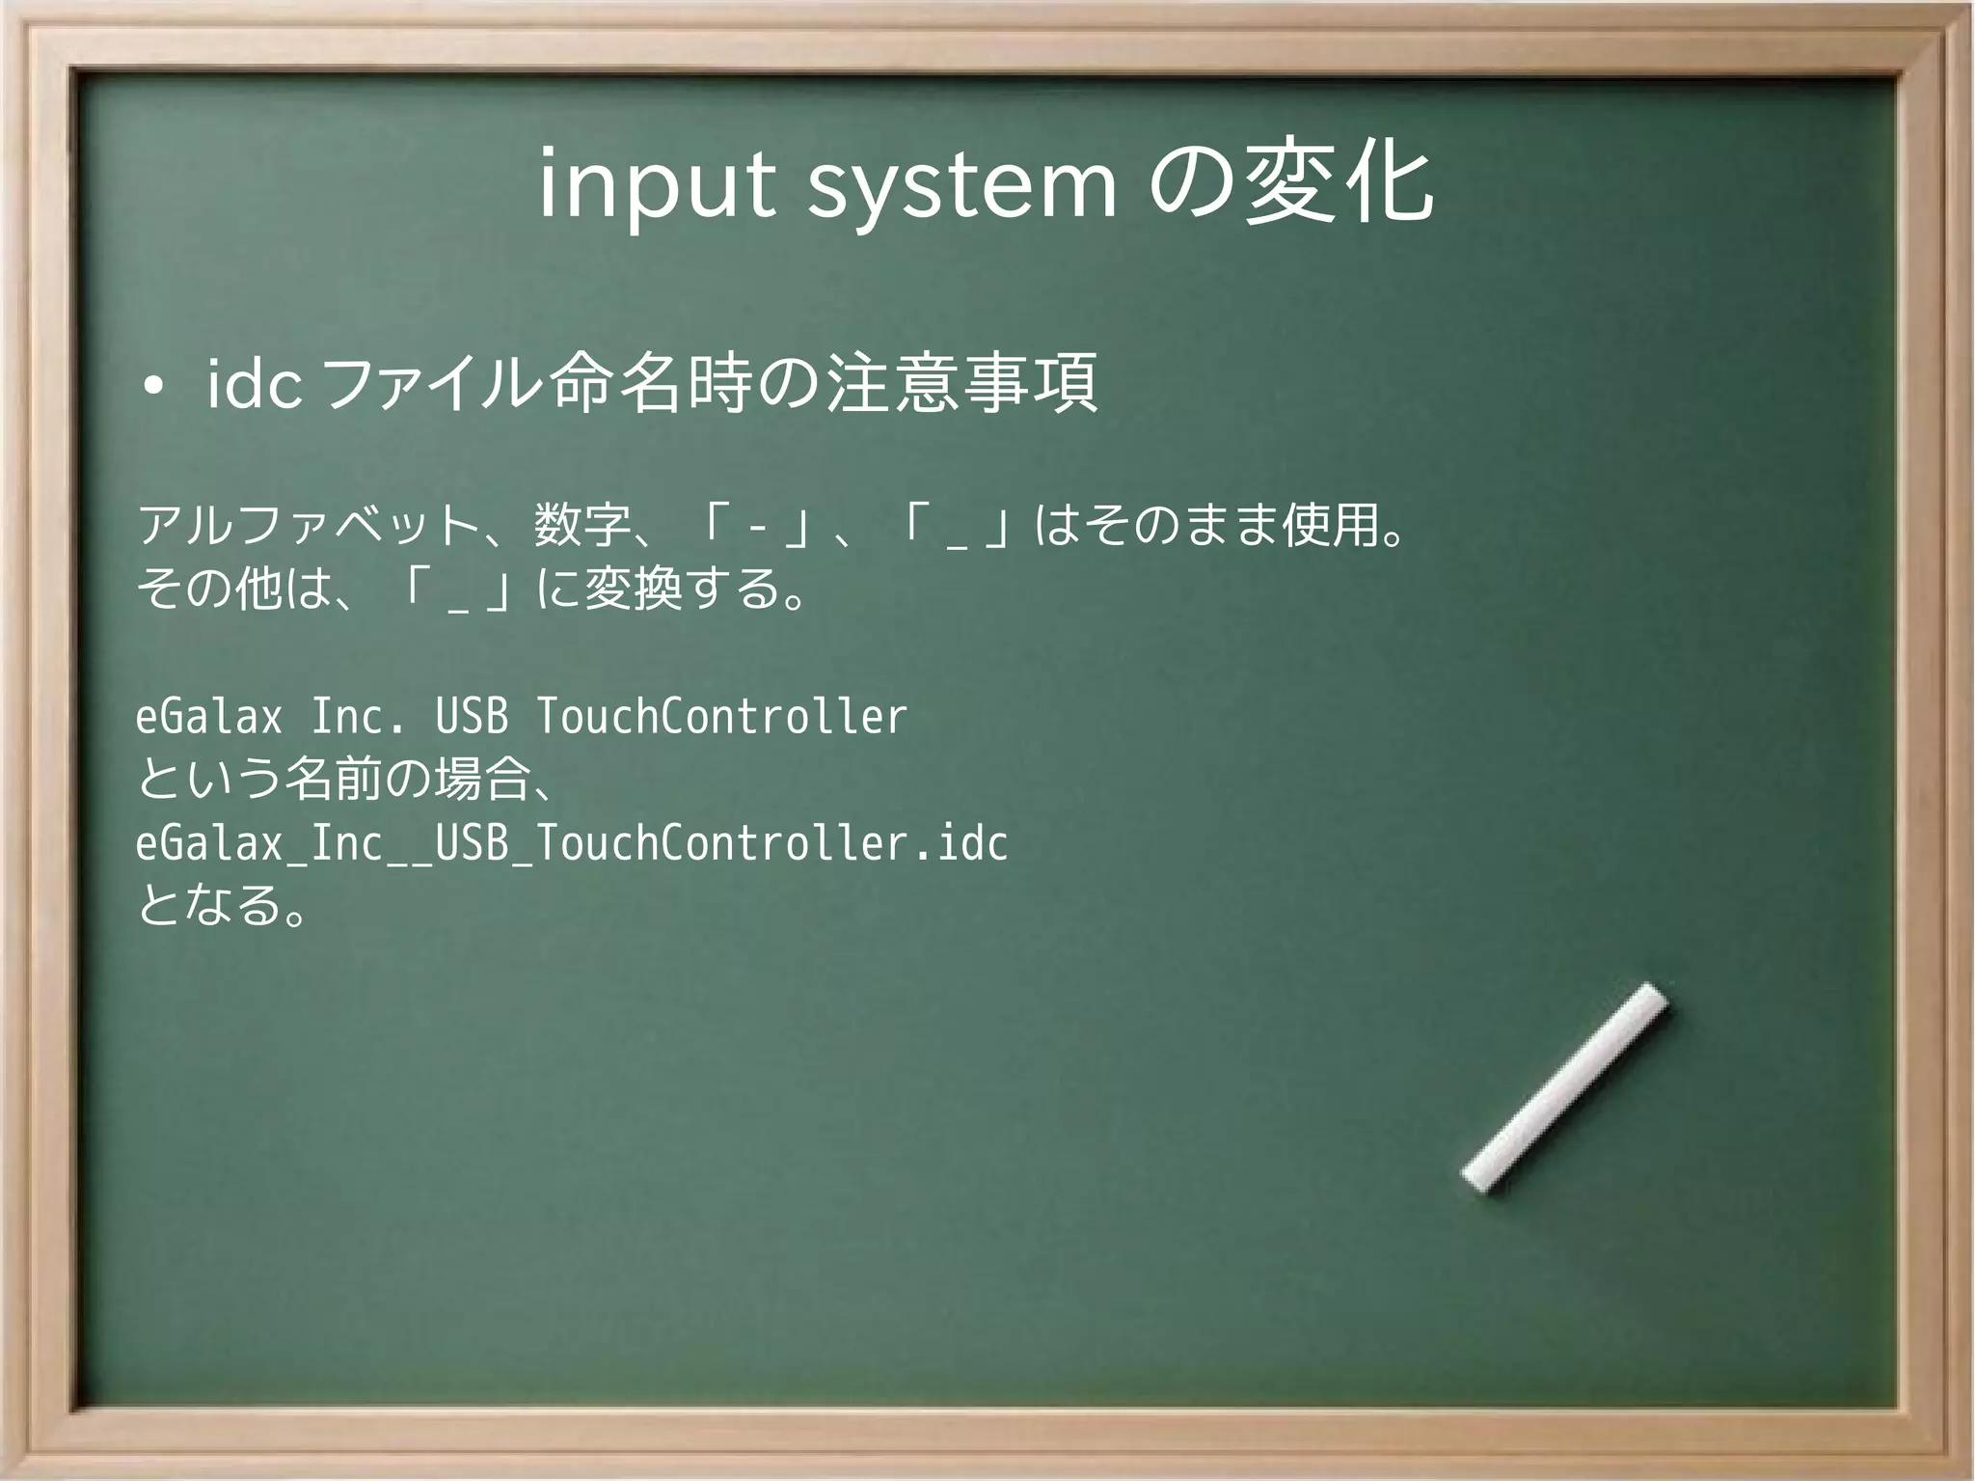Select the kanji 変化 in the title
click(x=1338, y=183)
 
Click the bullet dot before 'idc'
click(x=151, y=389)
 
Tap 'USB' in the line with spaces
click(x=472, y=717)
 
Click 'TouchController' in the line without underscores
click(x=721, y=717)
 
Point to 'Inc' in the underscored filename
click(x=347, y=843)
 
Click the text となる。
click(x=222, y=905)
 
